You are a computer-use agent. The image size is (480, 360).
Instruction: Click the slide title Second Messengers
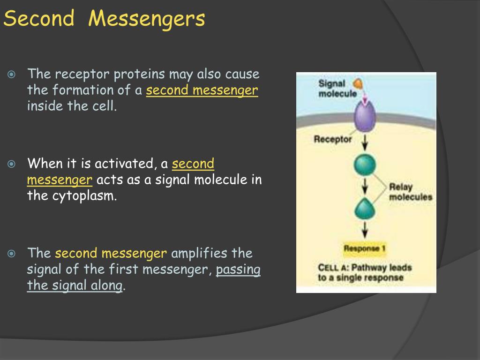pyautogui.click(x=104, y=19)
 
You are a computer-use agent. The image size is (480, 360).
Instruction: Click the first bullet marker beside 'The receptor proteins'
pyautogui.click(x=12, y=74)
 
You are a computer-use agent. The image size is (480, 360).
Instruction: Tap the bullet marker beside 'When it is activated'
pyautogui.click(x=12, y=164)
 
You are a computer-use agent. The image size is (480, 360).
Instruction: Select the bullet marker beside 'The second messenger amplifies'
pyautogui.click(x=12, y=254)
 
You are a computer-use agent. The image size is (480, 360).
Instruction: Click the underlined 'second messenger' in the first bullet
pyautogui.click(x=202, y=90)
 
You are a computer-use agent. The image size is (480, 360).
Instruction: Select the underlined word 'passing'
pyautogui.click(x=238, y=270)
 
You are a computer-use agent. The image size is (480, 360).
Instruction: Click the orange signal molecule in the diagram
pyautogui.click(x=359, y=84)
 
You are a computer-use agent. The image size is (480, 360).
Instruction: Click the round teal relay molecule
pyautogui.click(x=365, y=165)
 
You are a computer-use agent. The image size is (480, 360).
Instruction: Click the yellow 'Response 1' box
pyautogui.click(x=365, y=248)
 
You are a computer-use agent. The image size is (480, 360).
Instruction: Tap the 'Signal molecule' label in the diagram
pyautogui.click(x=332, y=89)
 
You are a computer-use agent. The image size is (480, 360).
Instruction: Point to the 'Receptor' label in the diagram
pyautogui.click(x=333, y=139)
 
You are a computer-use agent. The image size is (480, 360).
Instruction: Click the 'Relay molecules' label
pyautogui.click(x=410, y=192)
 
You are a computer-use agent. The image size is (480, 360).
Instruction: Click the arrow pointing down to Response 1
pyautogui.click(x=365, y=230)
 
